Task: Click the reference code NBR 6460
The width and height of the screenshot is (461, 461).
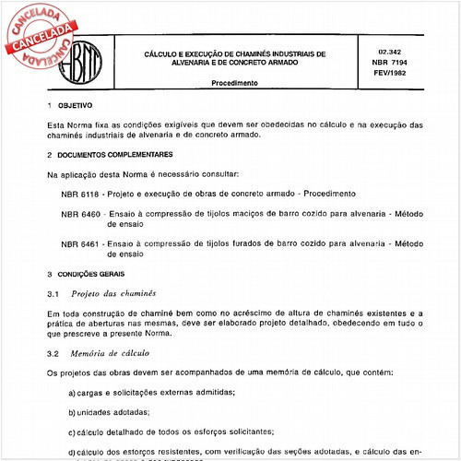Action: [x=80, y=213]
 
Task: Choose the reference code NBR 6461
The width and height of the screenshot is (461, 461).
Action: [x=80, y=243]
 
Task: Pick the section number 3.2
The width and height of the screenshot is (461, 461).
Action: [x=52, y=353]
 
